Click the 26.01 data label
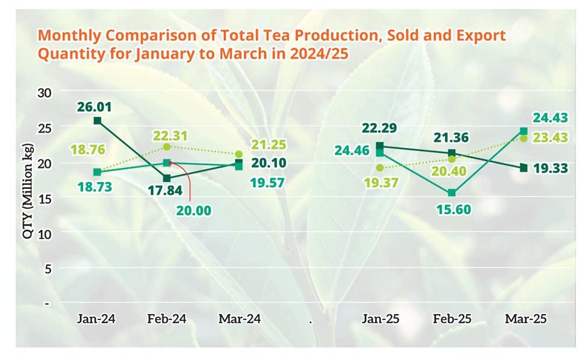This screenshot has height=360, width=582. (x=97, y=107)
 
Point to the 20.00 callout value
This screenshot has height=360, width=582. (x=196, y=210)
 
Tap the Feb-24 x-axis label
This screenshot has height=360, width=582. (x=167, y=319)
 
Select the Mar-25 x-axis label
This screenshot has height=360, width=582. (x=526, y=319)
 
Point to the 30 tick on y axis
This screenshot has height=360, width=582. (x=45, y=92)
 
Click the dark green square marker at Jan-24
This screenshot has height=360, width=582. (x=97, y=121)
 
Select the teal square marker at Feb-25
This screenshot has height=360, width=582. (x=452, y=193)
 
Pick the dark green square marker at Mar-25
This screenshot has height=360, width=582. (x=524, y=168)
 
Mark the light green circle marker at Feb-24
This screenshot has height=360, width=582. (x=167, y=147)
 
